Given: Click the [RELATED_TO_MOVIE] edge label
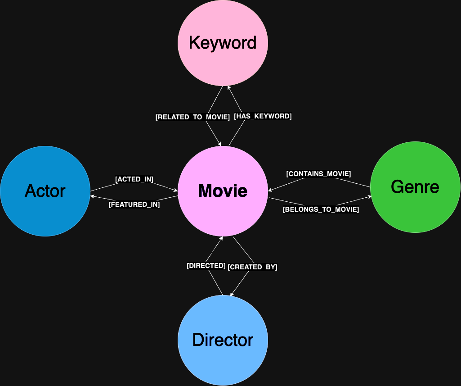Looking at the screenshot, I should tap(192, 117).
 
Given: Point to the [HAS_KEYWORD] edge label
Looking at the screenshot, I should tap(263, 116).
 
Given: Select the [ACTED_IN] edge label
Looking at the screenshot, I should tap(134, 179).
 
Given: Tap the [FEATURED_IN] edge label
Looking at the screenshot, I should tap(134, 204).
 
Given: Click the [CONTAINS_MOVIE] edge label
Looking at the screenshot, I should tap(318, 174).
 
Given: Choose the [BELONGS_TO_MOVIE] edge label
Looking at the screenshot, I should tap(320, 209).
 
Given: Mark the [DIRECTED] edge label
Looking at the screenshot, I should tap(206, 266).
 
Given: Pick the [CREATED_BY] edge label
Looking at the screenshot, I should tap(252, 267).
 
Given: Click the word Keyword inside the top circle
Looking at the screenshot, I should tap(223, 43).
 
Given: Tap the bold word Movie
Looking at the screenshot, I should tap(223, 191).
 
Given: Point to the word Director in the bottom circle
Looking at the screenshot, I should tap(223, 340).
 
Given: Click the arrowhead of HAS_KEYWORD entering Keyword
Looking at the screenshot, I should tap(228, 87).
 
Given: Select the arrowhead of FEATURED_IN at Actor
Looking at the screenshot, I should tap(92, 196).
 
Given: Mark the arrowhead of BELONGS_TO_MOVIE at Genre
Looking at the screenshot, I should tap(370, 197).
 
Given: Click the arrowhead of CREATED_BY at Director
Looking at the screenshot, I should tap(232, 295).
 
